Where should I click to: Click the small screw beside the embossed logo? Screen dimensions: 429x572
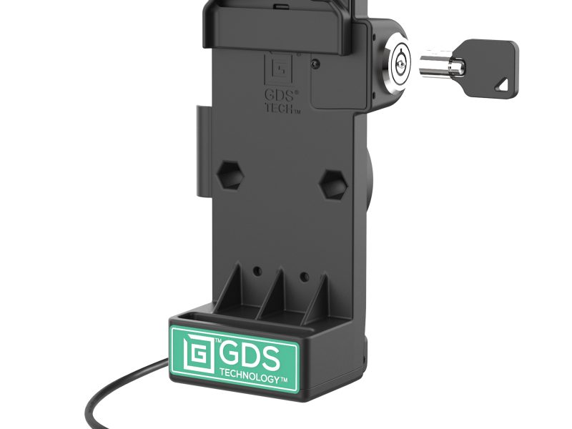click(x=315, y=63)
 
